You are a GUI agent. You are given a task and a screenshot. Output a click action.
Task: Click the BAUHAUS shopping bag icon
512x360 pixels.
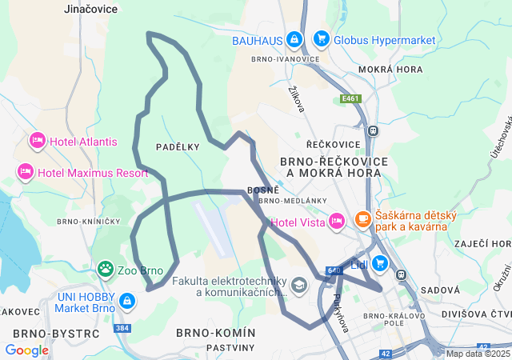pyautogui.click(x=294, y=39)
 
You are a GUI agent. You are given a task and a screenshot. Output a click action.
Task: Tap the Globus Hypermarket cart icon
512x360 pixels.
pyautogui.click(x=321, y=39)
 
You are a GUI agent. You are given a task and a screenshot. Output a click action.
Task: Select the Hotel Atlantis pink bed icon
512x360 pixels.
pyautogui.click(x=37, y=142)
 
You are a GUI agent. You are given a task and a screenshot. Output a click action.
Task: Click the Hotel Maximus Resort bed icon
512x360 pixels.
pyautogui.click(x=25, y=172)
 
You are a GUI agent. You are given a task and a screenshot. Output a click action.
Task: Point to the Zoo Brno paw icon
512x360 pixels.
pyautogui.click(x=105, y=270)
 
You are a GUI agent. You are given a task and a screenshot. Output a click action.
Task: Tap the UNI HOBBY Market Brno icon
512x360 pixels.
pyautogui.click(x=127, y=301)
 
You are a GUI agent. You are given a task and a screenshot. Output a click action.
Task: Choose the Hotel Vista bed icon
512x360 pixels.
pyautogui.click(x=336, y=222)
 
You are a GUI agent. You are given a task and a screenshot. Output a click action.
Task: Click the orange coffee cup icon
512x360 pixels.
pyautogui.click(x=362, y=218)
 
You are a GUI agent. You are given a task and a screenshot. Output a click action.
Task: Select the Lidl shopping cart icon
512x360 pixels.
pyautogui.click(x=379, y=262)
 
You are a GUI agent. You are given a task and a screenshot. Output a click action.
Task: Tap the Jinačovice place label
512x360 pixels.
pyautogui.click(x=90, y=8)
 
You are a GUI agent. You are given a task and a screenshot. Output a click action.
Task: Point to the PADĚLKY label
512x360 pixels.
pyautogui.click(x=178, y=146)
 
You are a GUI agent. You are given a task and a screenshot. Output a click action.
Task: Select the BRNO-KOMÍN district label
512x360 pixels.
pyautogui.click(x=215, y=332)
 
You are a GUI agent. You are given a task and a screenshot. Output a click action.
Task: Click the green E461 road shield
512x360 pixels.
pyautogui.click(x=350, y=98)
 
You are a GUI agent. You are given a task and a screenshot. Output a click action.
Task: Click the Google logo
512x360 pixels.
pyautogui.click(x=26, y=350)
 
